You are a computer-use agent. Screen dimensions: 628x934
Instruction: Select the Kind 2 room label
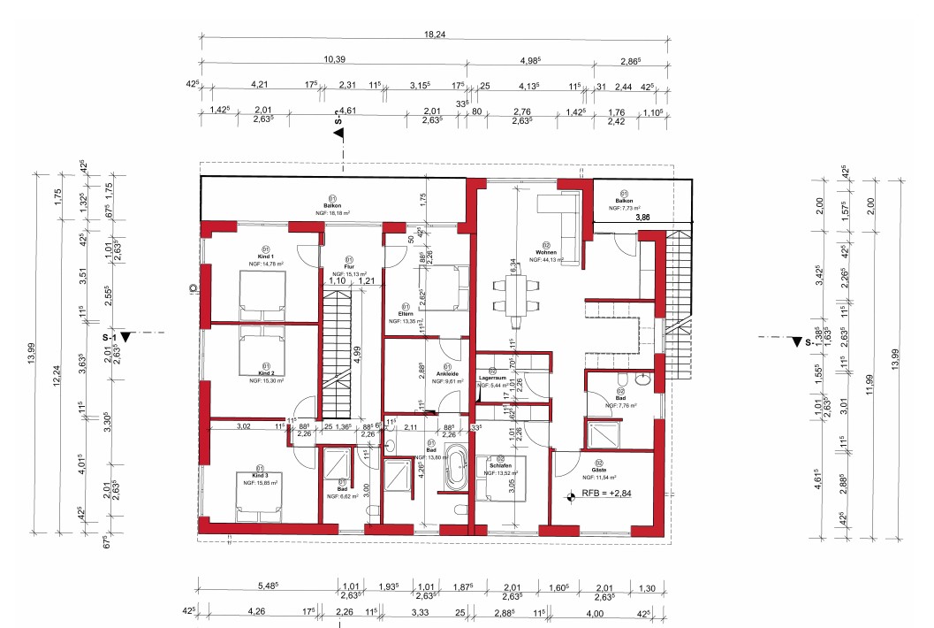[262, 372]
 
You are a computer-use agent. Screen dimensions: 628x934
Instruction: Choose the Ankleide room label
[447, 373]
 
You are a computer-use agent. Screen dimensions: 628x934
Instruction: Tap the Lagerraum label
[492, 378]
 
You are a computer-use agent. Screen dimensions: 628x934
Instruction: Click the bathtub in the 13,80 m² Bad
[457, 470]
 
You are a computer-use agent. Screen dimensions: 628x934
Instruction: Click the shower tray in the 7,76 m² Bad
[606, 436]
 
